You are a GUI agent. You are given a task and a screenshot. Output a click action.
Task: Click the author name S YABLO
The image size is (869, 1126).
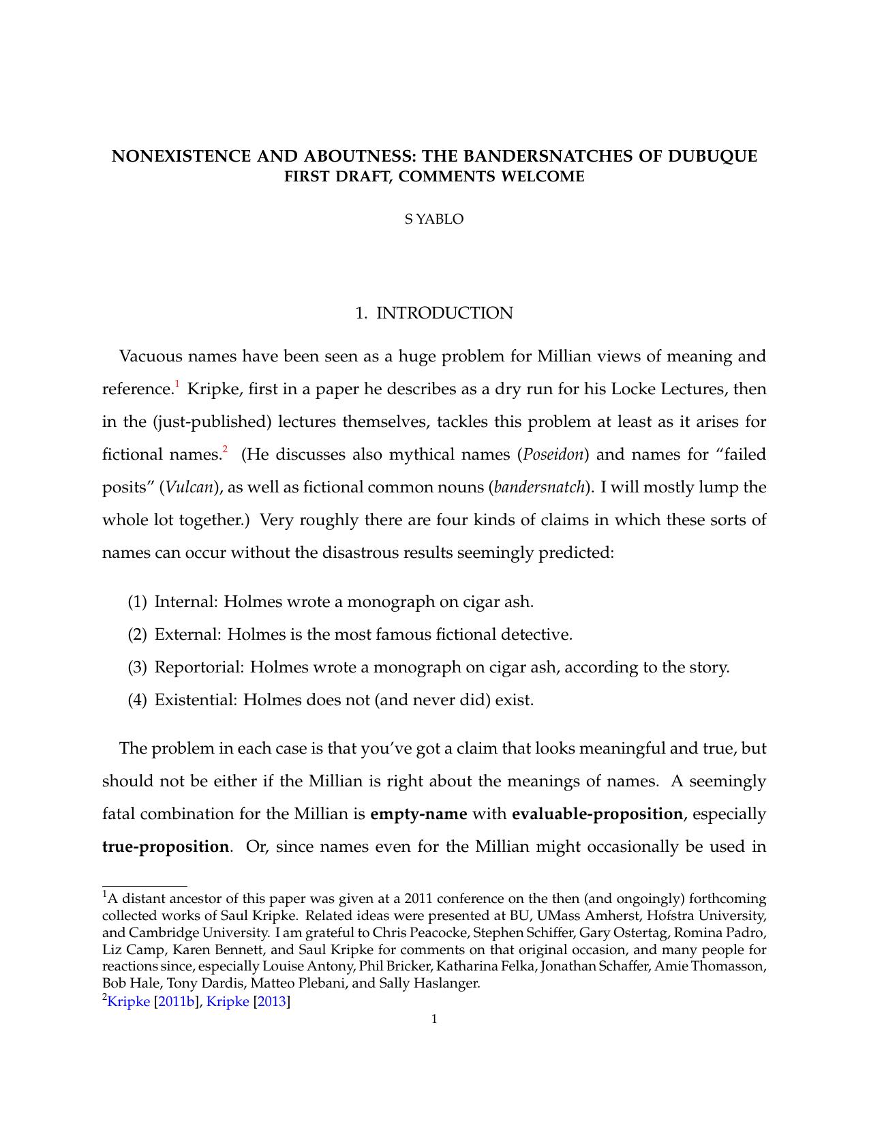[434, 219]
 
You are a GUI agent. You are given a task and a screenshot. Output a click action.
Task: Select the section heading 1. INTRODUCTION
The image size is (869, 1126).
[434, 313]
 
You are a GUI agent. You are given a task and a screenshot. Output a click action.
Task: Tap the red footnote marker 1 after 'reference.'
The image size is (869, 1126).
[177, 385]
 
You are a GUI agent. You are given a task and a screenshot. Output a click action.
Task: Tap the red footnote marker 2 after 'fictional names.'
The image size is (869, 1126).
[225, 450]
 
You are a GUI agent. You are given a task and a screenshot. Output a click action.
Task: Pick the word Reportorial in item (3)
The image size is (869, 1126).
[199, 667]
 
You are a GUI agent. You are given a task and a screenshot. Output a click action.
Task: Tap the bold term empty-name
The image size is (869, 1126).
[418, 814]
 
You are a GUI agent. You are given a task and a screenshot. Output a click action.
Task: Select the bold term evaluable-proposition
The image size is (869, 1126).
[597, 814]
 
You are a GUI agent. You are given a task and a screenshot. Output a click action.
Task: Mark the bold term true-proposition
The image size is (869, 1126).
[166, 846]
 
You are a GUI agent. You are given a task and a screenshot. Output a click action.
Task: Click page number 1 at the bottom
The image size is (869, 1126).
[434, 1019]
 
